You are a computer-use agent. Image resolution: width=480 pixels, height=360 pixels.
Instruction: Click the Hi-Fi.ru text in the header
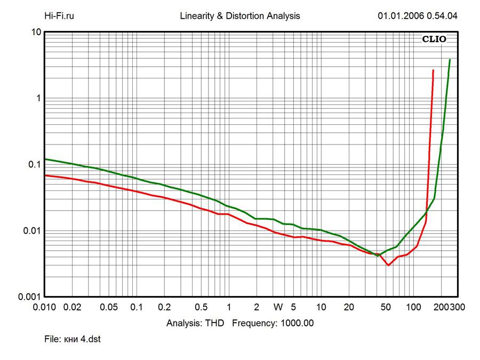pyautogui.click(x=59, y=16)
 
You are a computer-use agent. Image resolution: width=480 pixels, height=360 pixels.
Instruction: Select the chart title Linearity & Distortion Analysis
pyautogui.click(x=240, y=16)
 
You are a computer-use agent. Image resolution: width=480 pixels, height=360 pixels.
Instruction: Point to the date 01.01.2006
pyautogui.click(x=401, y=16)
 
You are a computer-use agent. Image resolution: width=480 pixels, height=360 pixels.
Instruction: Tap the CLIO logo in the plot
pyautogui.click(x=434, y=39)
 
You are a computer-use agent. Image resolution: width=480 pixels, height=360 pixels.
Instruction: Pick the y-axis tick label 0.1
pyautogui.click(x=34, y=164)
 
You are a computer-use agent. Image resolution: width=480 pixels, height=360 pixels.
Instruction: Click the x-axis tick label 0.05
pyautogui.click(x=109, y=308)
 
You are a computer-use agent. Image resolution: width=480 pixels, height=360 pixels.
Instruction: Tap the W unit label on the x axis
pyautogui.click(x=278, y=308)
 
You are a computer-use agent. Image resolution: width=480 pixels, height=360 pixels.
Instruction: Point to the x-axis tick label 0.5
pyautogui.click(x=201, y=308)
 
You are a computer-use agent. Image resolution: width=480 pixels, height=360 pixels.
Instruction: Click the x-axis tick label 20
pyautogui.click(x=349, y=308)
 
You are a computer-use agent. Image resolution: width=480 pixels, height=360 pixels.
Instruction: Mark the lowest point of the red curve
pyautogui.click(x=388, y=265)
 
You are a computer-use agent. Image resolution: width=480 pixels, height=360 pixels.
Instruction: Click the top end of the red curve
pyautogui.click(x=433, y=70)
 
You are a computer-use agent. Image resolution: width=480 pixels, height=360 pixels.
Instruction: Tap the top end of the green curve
pyautogui.click(x=450, y=60)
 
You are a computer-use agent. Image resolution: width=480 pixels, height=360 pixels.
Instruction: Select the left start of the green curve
pyautogui.click(x=45, y=159)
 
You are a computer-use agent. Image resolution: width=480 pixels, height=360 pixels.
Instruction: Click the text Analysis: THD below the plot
pyautogui.click(x=195, y=323)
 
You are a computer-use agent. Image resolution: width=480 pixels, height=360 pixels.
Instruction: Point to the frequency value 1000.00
pyautogui.click(x=295, y=323)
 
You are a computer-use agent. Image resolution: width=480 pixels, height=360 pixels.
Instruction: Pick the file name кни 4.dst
pyautogui.click(x=83, y=339)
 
